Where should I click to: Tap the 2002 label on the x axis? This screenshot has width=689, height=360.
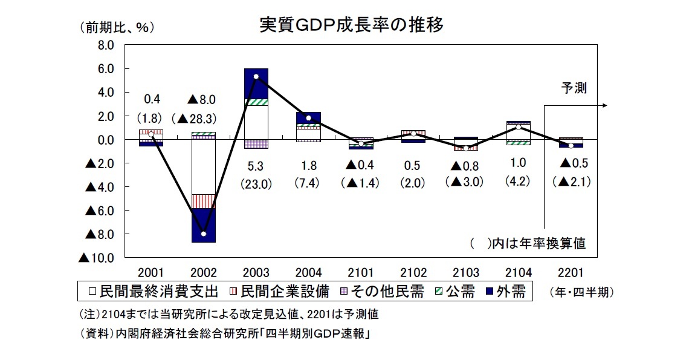click(x=202, y=273)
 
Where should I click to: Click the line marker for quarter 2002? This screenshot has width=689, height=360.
click(x=204, y=234)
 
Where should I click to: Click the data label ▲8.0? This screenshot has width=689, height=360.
click(x=202, y=99)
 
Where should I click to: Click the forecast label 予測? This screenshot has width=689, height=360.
click(x=574, y=88)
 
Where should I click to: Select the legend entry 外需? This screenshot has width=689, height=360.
click(x=505, y=292)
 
